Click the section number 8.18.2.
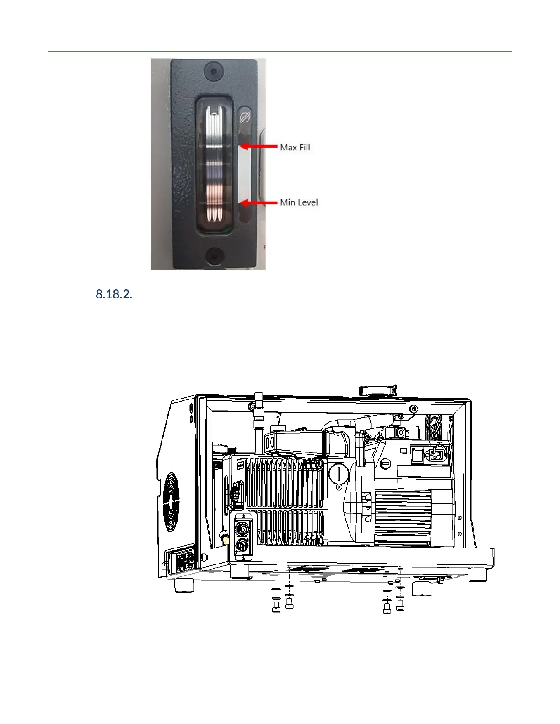pyautogui.click(x=113, y=294)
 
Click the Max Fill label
pyautogui.click(x=295, y=147)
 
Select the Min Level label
pyautogui.click(x=299, y=202)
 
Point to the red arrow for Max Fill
pyautogui.click(x=258, y=146)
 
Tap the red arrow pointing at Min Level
pyautogui.click(x=258, y=202)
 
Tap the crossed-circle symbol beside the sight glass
pyautogui.click(x=245, y=118)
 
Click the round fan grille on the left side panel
pyautogui.click(x=171, y=502)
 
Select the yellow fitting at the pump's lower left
pyautogui.click(x=225, y=540)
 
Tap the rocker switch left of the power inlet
pyautogui.click(x=417, y=455)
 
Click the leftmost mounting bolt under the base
pyautogui.click(x=276, y=607)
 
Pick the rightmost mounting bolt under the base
pyautogui.click(x=400, y=604)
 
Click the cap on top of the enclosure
pyautogui.click(x=377, y=390)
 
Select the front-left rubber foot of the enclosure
pyautogui.click(x=184, y=585)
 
